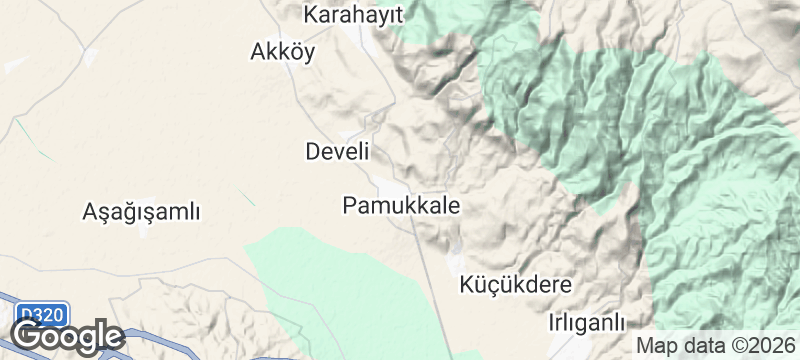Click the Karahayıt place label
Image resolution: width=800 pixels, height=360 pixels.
pos(353,15)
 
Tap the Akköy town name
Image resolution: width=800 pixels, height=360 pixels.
pos(282,53)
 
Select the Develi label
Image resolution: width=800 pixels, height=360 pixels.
pos(337,152)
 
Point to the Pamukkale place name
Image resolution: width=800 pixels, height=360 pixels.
pos(401,206)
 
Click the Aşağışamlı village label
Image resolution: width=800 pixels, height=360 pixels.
pos(142,212)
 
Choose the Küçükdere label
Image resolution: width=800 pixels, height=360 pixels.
pos(516,285)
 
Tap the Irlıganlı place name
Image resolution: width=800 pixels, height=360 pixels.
pos(587,323)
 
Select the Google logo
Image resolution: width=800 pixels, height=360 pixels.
pos(68,336)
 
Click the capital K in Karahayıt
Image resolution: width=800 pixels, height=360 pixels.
pos(311,15)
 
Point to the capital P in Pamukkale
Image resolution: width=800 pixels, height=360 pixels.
pos(349,206)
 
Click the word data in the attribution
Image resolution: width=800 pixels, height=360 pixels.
pos(698,345)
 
